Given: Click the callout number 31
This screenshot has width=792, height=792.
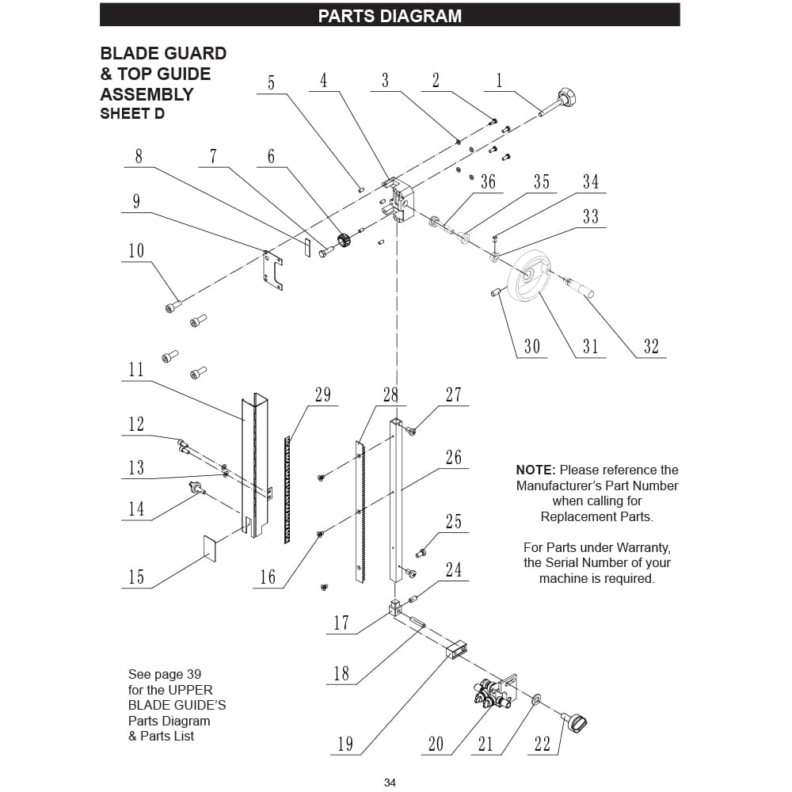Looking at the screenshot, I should (x=591, y=346).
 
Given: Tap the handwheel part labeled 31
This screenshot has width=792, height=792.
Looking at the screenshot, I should (x=528, y=276).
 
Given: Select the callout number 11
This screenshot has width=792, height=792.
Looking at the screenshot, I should (x=136, y=369).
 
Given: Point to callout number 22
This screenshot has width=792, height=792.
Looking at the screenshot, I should (x=543, y=744).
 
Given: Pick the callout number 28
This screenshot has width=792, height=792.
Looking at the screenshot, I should (x=390, y=394).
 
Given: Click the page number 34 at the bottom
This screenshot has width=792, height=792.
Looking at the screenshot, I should (x=390, y=782).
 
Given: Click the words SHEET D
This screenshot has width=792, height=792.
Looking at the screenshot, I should (x=132, y=114).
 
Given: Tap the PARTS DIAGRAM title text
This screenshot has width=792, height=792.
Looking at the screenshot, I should (x=390, y=16).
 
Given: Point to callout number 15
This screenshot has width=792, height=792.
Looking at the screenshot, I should (x=136, y=577).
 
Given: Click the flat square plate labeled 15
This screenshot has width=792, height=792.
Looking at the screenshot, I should (x=211, y=547).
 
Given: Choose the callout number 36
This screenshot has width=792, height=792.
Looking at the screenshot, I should (x=488, y=182).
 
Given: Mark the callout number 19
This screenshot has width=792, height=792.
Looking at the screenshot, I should (x=345, y=744).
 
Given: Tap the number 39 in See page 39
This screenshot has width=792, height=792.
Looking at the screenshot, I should (x=194, y=675).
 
